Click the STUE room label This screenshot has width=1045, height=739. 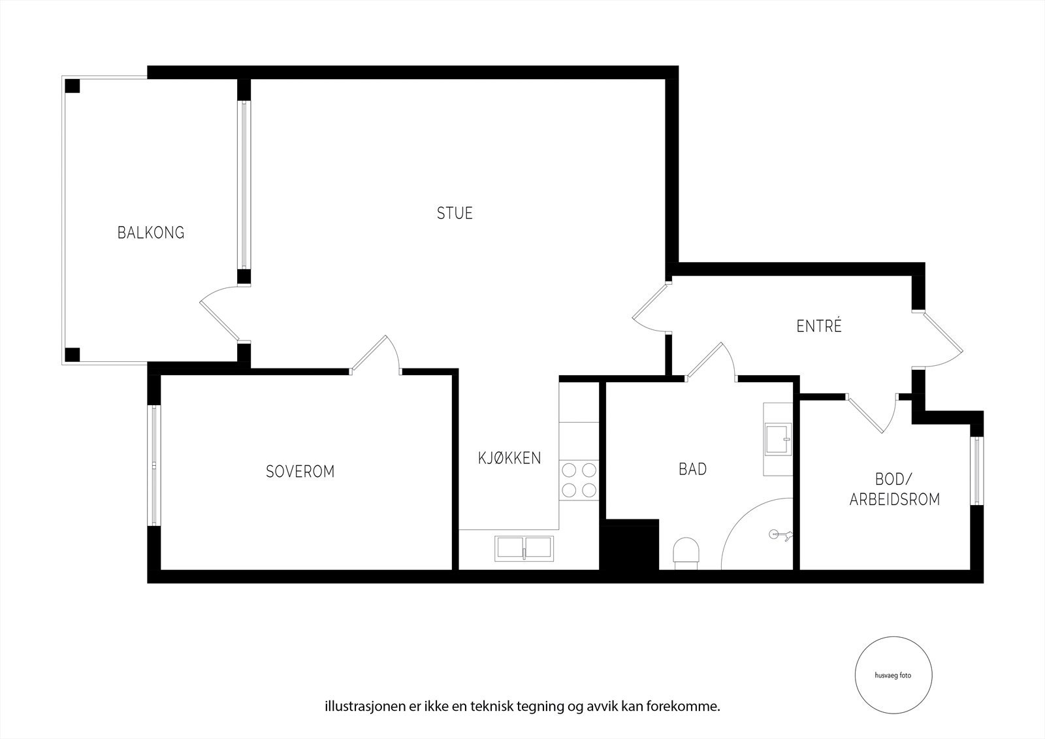(x=455, y=213)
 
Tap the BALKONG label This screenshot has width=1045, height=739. (x=151, y=232)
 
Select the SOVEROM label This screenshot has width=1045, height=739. (x=300, y=471)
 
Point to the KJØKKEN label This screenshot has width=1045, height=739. (x=509, y=458)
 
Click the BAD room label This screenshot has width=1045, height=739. (x=692, y=469)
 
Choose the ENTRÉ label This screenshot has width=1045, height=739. (x=819, y=326)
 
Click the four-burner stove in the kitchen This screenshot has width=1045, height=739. (x=579, y=480)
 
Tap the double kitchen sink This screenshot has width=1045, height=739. (x=524, y=548)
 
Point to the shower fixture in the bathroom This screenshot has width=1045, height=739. (x=780, y=534)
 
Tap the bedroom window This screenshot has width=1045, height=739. (x=154, y=465)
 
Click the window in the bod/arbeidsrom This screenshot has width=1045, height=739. (x=976, y=470)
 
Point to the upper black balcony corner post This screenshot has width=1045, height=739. (x=72, y=86)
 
